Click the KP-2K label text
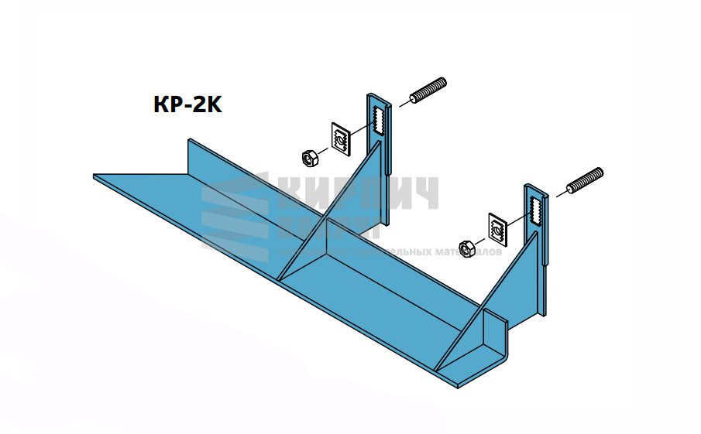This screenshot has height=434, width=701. pos(188,105)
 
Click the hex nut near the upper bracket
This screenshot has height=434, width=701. pos(308,157)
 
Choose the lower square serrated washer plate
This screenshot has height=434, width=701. pos(497,227)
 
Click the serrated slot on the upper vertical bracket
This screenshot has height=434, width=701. pos(379,118)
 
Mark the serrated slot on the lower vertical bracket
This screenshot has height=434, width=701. pos(537,209)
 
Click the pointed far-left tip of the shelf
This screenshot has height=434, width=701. pos(95,176)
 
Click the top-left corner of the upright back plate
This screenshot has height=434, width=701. pos(189,141)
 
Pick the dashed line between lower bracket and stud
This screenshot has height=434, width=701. pos(560,193)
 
